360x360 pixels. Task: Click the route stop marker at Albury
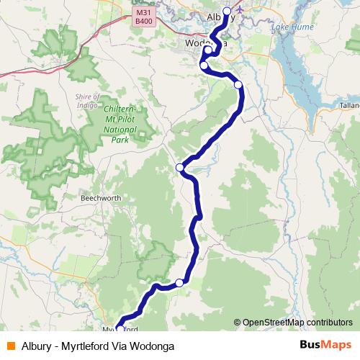click(228, 11)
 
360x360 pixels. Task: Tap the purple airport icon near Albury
click(239, 11)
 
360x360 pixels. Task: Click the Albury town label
click(221, 17)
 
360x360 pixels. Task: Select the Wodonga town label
click(206, 42)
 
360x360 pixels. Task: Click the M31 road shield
click(144, 12)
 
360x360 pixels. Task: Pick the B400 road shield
click(144, 22)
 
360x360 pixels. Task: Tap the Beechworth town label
click(101, 197)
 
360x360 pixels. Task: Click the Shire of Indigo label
click(90, 100)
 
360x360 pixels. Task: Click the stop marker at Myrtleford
click(120, 330)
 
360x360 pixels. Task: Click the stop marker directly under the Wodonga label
click(207, 50)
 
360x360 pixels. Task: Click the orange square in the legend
click(11, 346)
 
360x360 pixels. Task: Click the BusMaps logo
click(325, 345)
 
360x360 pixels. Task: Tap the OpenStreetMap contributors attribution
click(297, 323)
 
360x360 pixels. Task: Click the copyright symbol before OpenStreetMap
click(238, 323)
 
